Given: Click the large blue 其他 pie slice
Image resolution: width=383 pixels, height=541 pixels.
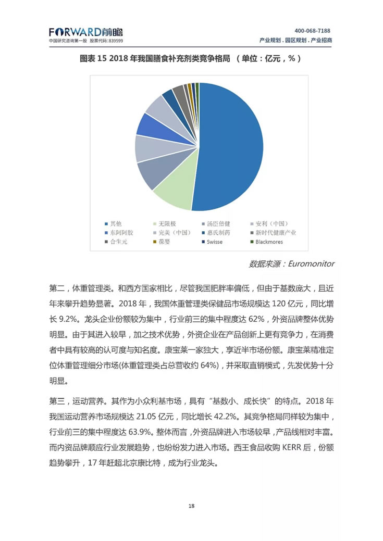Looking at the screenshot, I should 229,146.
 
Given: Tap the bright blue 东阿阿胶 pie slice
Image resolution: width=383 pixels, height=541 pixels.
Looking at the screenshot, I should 149,125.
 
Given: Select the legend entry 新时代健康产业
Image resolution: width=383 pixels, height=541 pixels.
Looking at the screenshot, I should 275,232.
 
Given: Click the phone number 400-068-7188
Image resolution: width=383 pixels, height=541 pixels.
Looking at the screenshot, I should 313,31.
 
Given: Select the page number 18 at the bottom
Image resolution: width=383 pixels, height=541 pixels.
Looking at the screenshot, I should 192,506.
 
